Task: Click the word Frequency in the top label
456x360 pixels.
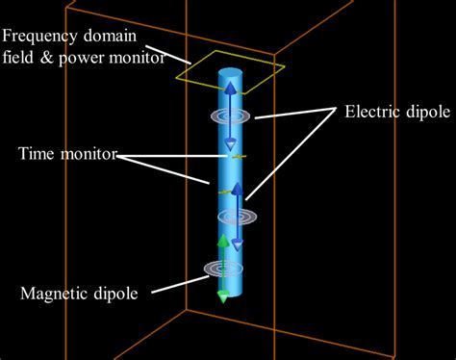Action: tap(38, 37)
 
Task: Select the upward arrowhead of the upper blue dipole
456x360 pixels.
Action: tap(231, 89)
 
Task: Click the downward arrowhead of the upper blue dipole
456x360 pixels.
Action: tap(231, 145)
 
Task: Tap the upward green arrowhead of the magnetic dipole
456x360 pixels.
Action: tap(223, 241)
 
